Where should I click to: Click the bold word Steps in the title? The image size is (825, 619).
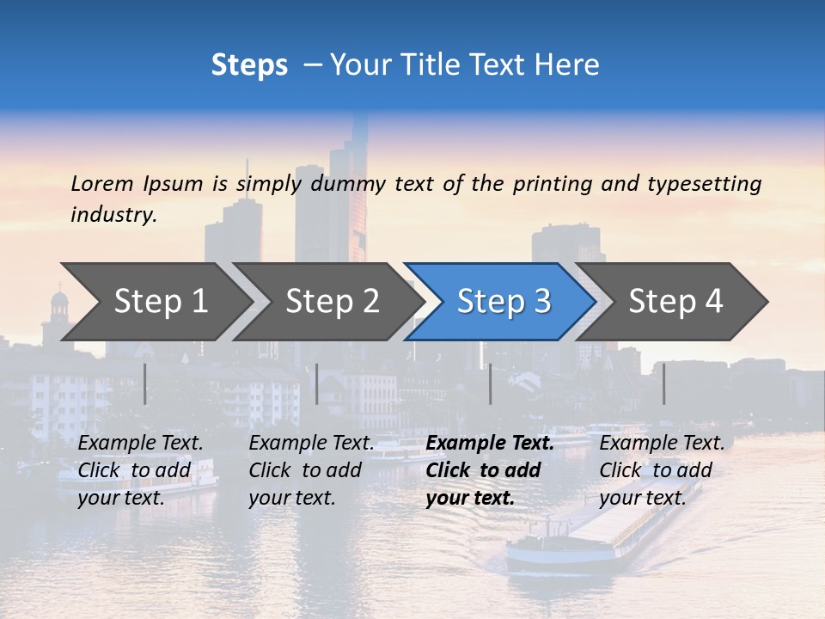(249, 65)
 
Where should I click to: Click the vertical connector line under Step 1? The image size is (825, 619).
(145, 383)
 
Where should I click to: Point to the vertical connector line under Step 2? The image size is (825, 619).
(317, 383)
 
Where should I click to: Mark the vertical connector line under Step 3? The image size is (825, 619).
(491, 383)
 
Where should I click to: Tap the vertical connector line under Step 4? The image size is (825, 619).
(664, 383)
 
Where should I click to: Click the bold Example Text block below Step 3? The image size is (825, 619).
(488, 470)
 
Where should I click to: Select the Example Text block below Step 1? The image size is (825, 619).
(140, 470)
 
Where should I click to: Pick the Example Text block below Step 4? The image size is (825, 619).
(661, 470)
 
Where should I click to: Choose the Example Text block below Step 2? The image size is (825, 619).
(311, 470)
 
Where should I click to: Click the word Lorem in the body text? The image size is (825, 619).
(102, 183)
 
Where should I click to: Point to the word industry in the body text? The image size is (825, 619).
(113, 215)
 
